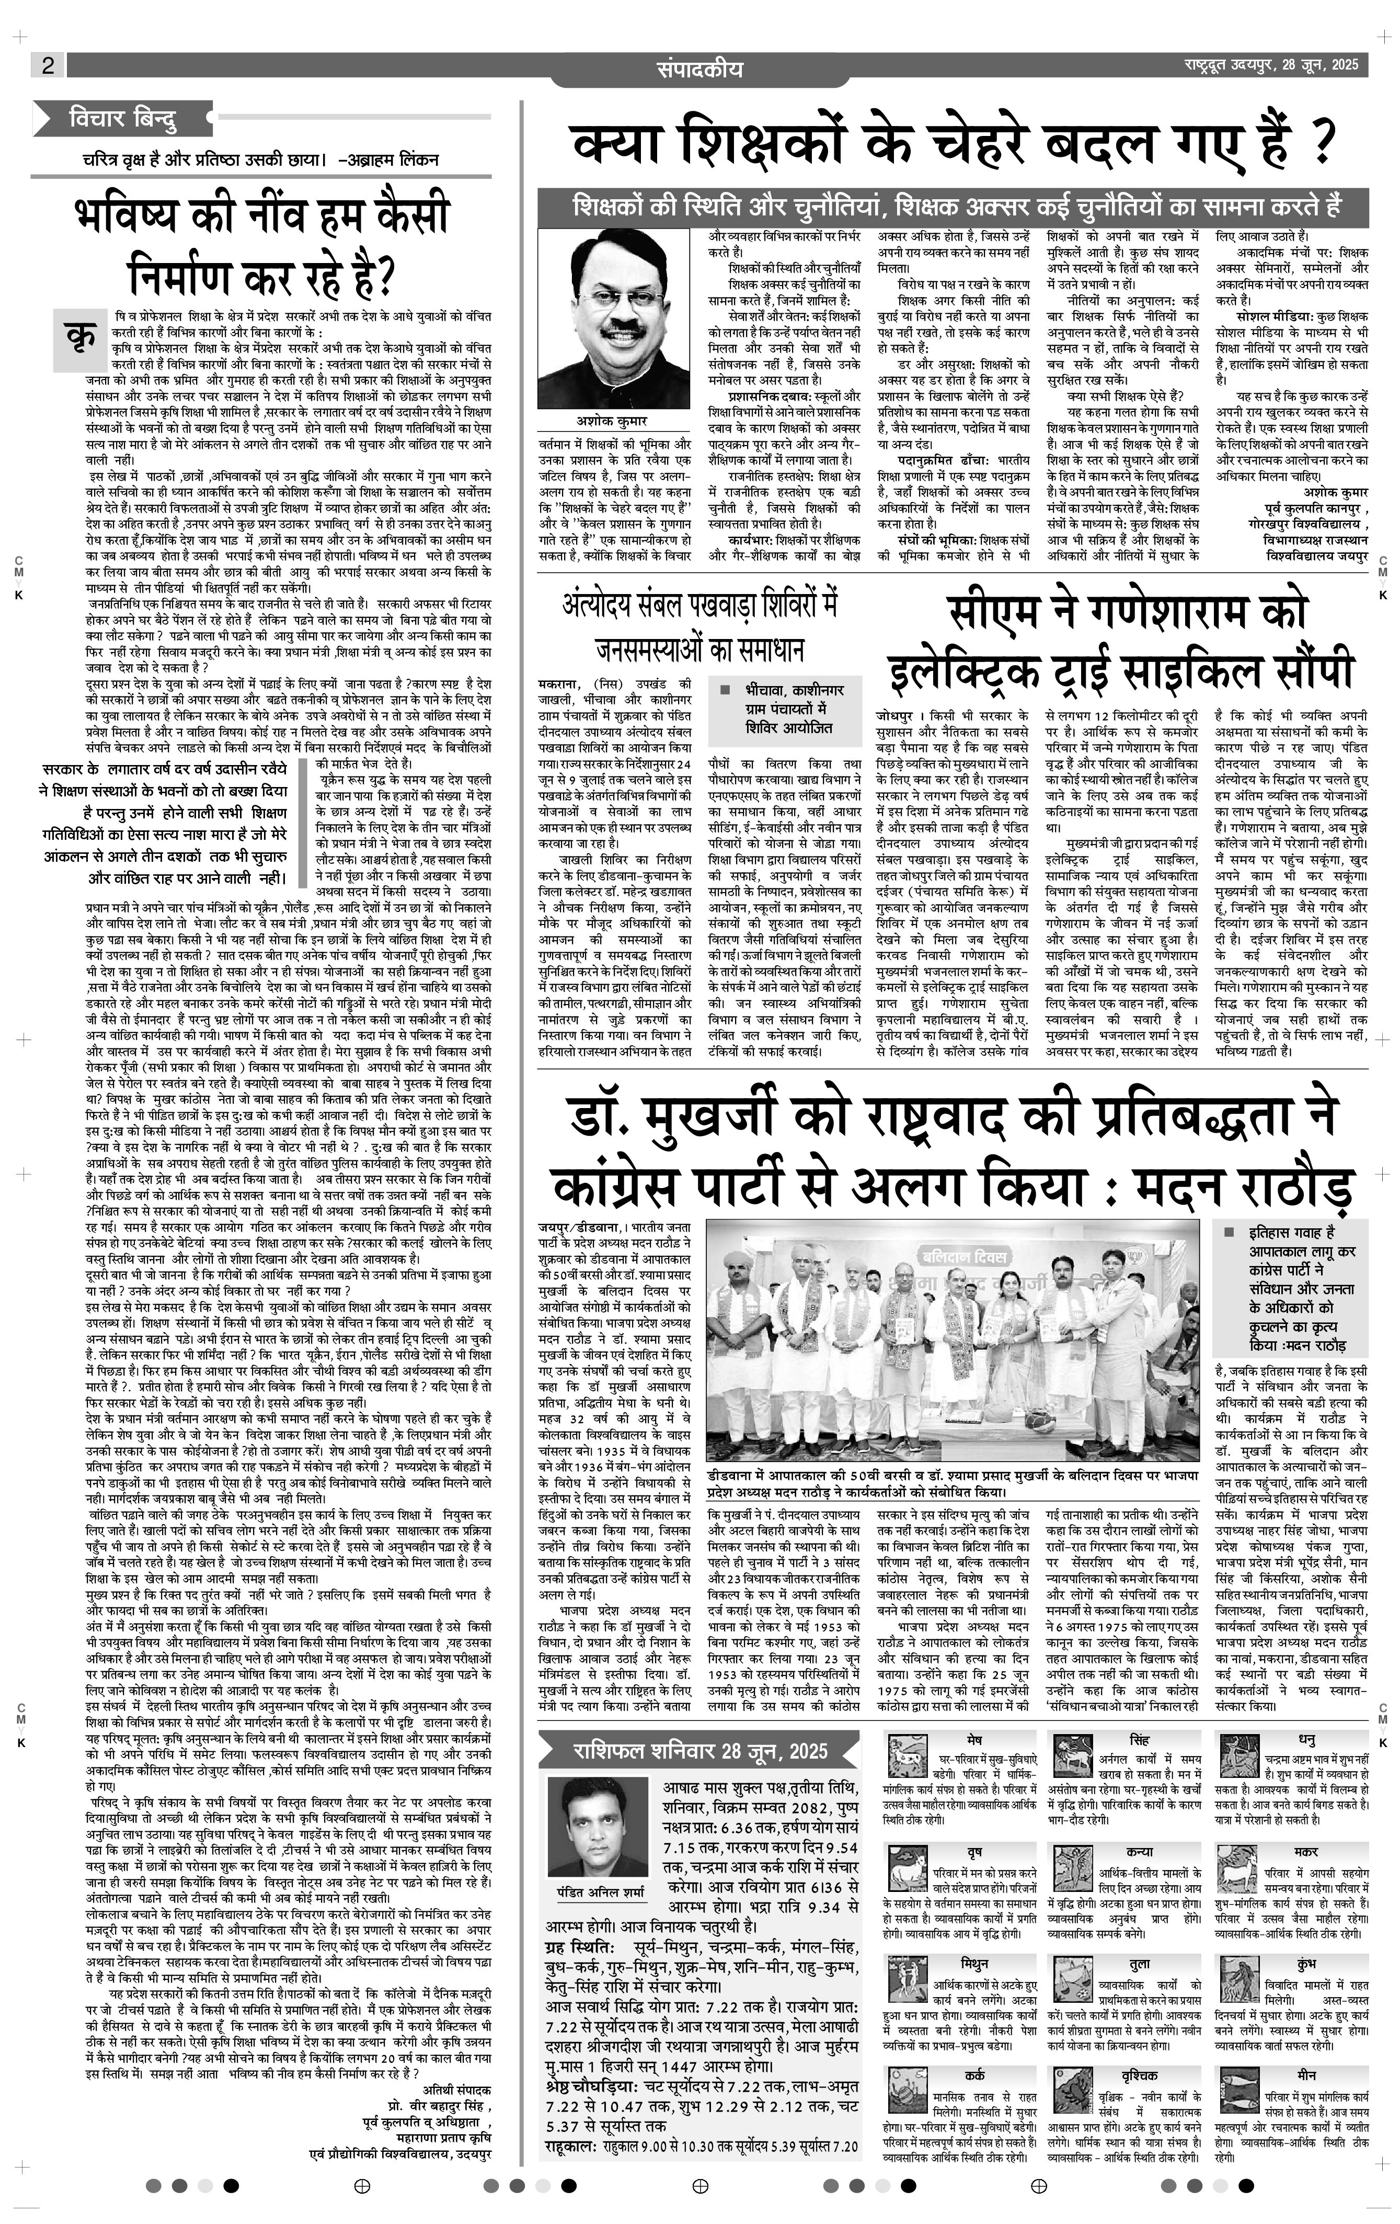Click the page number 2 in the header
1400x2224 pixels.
pyautogui.click(x=47, y=65)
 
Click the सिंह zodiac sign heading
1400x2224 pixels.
pyautogui.click(x=1139, y=1714)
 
